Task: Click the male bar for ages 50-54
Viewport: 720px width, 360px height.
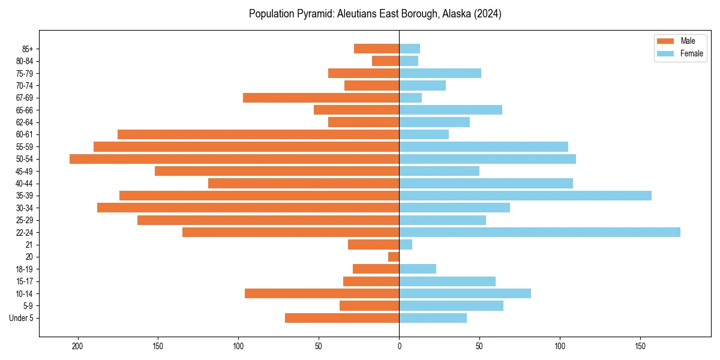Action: [x=234, y=159]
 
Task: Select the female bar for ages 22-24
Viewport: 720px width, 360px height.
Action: [x=539, y=232]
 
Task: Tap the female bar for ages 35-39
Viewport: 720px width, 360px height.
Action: [x=525, y=196]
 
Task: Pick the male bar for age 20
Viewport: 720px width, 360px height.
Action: [x=394, y=257]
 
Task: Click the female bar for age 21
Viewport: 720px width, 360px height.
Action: [x=406, y=245]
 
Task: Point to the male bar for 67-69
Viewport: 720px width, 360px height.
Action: [x=321, y=98]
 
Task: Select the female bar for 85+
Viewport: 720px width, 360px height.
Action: [x=409, y=49]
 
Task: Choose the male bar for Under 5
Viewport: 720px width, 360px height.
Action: [x=342, y=318]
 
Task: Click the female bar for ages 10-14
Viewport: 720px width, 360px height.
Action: [x=465, y=293]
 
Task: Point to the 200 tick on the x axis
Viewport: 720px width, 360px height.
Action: [x=77, y=346]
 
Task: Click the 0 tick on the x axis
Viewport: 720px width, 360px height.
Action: [x=399, y=346]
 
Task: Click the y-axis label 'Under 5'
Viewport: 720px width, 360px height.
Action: [x=22, y=318]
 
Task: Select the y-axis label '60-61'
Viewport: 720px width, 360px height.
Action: [x=24, y=134]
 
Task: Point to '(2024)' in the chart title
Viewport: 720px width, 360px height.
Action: [x=487, y=14]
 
